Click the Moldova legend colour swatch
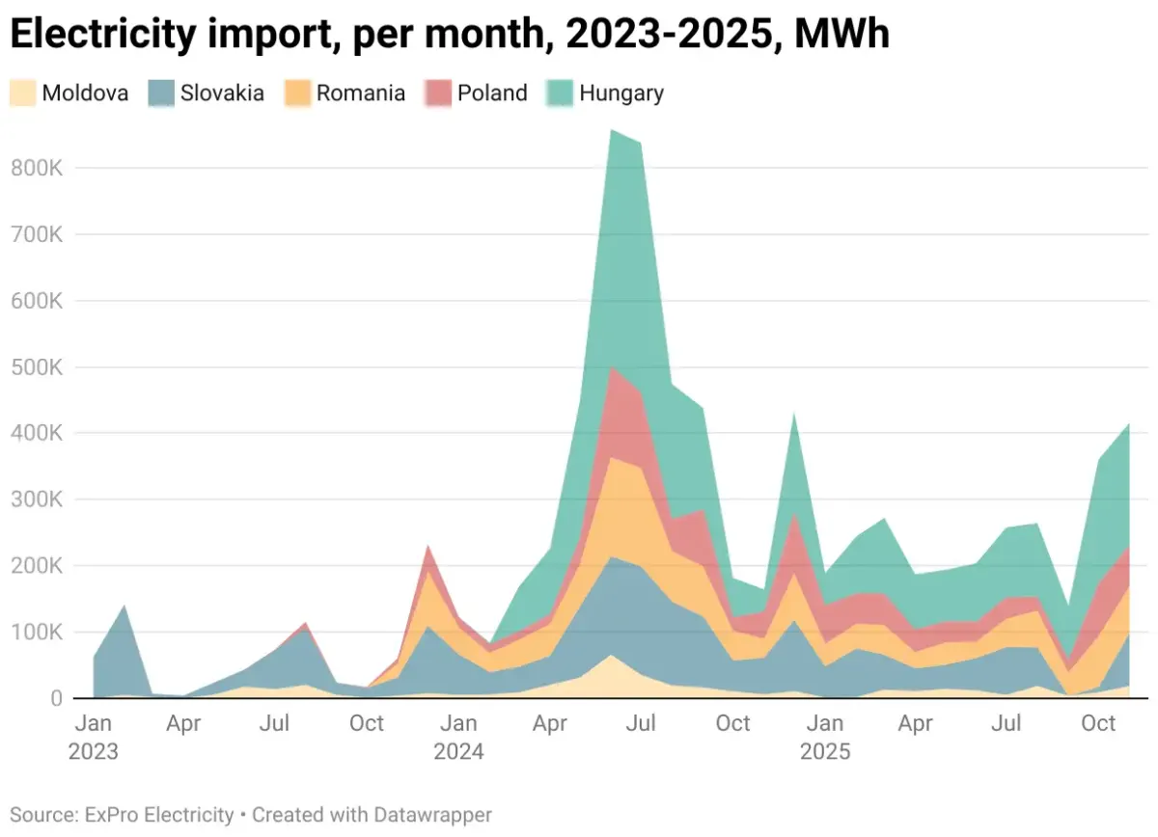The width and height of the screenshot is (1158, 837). (23, 94)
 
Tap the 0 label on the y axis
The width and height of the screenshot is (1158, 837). (56, 698)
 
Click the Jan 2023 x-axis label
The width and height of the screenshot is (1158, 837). (93, 736)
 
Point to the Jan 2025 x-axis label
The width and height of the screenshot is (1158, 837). (825, 736)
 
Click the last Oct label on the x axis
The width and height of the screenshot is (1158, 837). (1098, 723)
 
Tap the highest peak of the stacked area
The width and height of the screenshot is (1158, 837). (611, 130)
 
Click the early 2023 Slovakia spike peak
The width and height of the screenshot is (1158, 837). (124, 607)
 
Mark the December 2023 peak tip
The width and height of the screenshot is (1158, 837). (428, 547)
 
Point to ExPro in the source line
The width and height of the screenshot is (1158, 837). (112, 815)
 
